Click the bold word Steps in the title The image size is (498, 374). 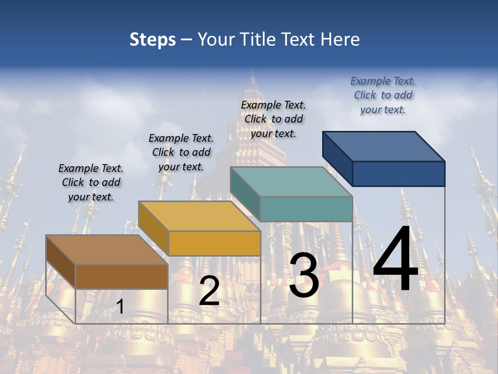click(153, 39)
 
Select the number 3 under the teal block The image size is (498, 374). click(303, 275)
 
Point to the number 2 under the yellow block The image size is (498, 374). click(209, 291)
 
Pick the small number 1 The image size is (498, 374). click(120, 306)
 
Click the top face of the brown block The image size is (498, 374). click(107, 250)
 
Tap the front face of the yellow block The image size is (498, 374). click(214, 243)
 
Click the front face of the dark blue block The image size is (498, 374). click(398, 173)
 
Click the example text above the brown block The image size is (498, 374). click(91, 182)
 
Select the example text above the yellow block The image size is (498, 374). click(181, 152)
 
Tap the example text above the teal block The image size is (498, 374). click(273, 119)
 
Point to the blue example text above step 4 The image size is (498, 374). click(383, 95)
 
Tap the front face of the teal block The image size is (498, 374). click(306, 209)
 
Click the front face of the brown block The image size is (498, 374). click(121, 276)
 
